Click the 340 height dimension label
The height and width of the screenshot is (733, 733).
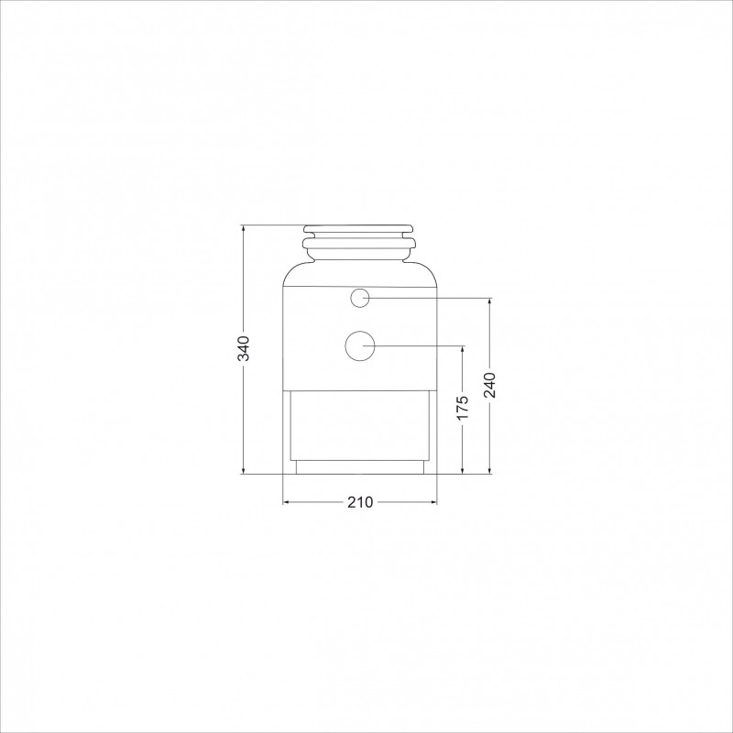244,348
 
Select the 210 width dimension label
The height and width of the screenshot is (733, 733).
360,502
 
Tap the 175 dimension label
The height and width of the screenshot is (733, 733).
463,407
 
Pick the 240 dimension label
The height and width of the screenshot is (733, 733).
489,385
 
